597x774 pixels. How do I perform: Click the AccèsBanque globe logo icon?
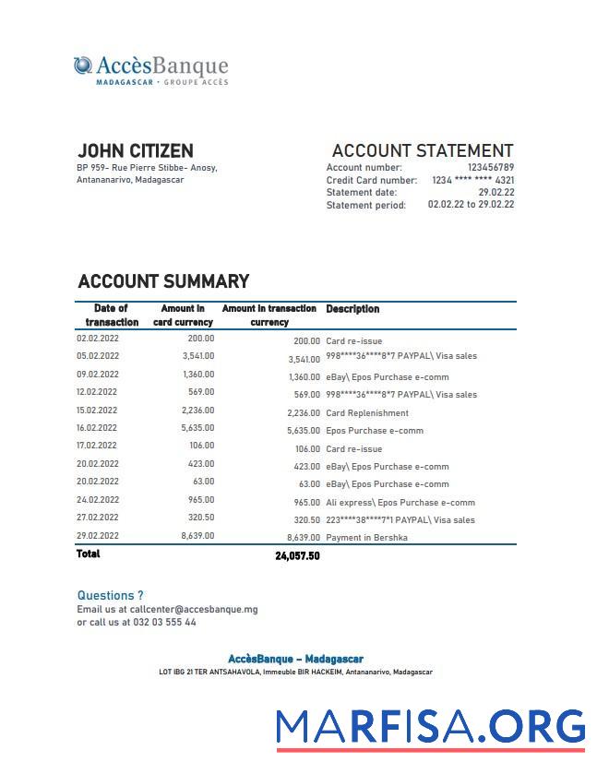pyautogui.click(x=83, y=65)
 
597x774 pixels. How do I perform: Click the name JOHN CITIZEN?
pyautogui.click(x=135, y=150)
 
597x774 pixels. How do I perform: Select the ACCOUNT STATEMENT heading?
pyautogui.click(x=422, y=150)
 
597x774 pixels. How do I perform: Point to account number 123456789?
pyautogui.click(x=490, y=168)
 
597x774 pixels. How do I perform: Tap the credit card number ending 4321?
pyautogui.click(x=472, y=180)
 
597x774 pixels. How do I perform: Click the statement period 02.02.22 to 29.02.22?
pyautogui.click(x=471, y=205)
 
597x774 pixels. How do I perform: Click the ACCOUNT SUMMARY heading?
pyautogui.click(x=163, y=281)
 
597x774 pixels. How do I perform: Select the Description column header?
pyautogui.click(x=352, y=309)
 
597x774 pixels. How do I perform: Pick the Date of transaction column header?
pyautogui.click(x=112, y=316)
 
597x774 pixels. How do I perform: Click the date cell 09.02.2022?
pyautogui.click(x=97, y=375)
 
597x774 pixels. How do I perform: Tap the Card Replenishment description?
pyautogui.click(x=366, y=413)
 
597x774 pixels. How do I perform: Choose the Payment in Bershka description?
pyautogui.click(x=366, y=537)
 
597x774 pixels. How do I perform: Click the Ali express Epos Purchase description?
pyautogui.click(x=400, y=503)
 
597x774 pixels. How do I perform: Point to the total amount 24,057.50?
pyautogui.click(x=296, y=556)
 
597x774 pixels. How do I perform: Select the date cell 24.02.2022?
pyautogui.click(x=97, y=500)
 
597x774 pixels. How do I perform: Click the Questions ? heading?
pyautogui.click(x=110, y=595)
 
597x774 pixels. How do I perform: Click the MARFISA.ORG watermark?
pyautogui.click(x=431, y=726)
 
